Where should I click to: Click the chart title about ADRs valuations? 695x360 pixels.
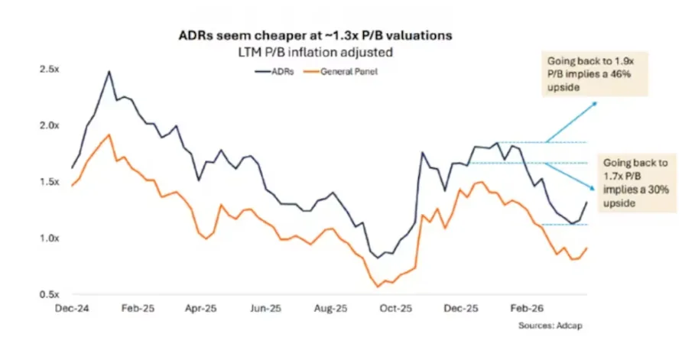pyautogui.click(x=315, y=35)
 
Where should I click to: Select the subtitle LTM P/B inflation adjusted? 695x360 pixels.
pyautogui.click(x=315, y=52)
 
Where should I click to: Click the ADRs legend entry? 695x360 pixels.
pyautogui.click(x=274, y=71)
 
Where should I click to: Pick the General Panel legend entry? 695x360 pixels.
pyautogui.click(x=341, y=71)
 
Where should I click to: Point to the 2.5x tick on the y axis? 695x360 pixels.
pyautogui.click(x=49, y=70)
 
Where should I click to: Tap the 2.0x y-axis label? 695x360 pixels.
pyautogui.click(x=49, y=126)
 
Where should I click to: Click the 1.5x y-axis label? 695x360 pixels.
pyautogui.click(x=49, y=182)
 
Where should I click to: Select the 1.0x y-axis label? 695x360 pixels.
pyautogui.click(x=49, y=238)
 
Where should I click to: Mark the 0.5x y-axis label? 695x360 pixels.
pyautogui.click(x=49, y=295)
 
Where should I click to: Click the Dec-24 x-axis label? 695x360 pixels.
pyautogui.click(x=72, y=309)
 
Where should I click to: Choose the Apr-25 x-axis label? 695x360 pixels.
pyautogui.click(x=201, y=309)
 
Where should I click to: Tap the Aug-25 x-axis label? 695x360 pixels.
pyautogui.click(x=330, y=309)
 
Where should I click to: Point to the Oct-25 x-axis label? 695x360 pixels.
pyautogui.click(x=395, y=309)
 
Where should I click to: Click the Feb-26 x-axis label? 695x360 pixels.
pyautogui.click(x=527, y=309)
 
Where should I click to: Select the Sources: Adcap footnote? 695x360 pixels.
pyautogui.click(x=550, y=326)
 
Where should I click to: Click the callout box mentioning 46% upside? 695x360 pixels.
pyautogui.click(x=594, y=74)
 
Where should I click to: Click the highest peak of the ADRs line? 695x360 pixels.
pyautogui.click(x=109, y=71)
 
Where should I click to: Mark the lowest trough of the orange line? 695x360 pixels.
pyautogui.click(x=378, y=287)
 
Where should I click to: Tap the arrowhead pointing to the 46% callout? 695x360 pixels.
pyautogui.click(x=594, y=104)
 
